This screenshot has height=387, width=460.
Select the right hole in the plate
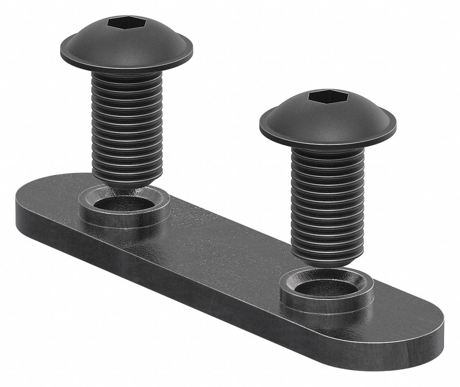(325, 286)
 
